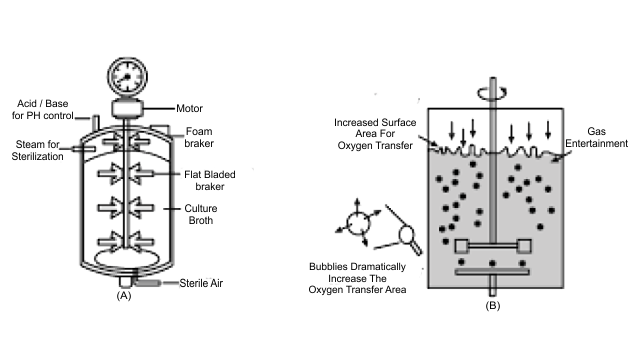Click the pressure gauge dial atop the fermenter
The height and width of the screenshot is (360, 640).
click(x=127, y=77)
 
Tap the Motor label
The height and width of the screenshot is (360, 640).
click(x=189, y=109)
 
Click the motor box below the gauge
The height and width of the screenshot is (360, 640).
click(x=127, y=108)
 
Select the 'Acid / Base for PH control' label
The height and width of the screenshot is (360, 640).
click(x=42, y=109)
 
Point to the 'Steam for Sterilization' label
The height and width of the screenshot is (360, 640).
click(x=37, y=150)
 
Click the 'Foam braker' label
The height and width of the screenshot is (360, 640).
click(x=199, y=137)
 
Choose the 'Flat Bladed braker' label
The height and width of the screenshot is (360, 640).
click(x=209, y=180)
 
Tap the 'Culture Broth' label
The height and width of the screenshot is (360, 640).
click(x=200, y=214)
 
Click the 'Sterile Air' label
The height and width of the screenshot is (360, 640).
click(x=201, y=283)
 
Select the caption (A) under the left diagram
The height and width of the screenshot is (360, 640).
click(x=124, y=296)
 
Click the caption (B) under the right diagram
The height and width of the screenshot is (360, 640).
click(x=493, y=305)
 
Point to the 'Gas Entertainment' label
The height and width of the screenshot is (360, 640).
click(x=596, y=138)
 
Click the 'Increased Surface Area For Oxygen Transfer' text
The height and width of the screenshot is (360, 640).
click(x=375, y=134)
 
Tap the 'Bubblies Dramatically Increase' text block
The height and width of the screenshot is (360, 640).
click(x=357, y=278)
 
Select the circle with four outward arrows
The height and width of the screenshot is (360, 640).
click(x=358, y=223)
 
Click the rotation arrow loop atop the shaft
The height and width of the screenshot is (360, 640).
click(x=492, y=93)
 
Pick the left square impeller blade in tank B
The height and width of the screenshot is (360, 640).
click(x=462, y=246)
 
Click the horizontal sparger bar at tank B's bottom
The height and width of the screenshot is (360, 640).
click(x=492, y=272)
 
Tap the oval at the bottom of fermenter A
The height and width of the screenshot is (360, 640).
click(x=127, y=258)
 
